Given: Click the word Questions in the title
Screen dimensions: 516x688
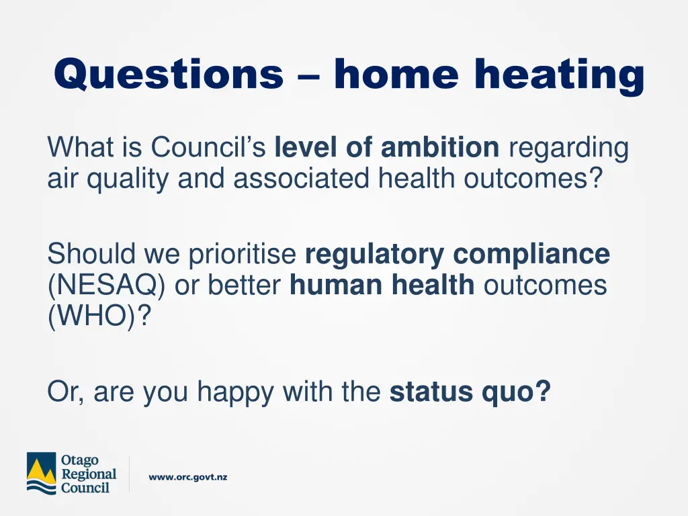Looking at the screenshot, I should click(169, 74).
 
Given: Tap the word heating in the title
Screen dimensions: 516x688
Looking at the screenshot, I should click(559, 75).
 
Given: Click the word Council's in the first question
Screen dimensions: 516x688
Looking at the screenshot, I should click(208, 148).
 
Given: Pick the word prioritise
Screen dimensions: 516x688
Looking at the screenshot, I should click(243, 255).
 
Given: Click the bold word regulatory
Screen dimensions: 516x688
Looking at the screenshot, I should click(375, 255).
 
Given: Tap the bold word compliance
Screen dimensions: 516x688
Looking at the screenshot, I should click(531, 255).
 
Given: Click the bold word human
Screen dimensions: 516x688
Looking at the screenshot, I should click(331, 286).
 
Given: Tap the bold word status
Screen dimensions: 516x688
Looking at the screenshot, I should click(432, 392).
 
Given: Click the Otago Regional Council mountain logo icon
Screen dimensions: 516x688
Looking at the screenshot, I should click(41, 473).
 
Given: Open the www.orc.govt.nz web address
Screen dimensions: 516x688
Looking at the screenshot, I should click(188, 477).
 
